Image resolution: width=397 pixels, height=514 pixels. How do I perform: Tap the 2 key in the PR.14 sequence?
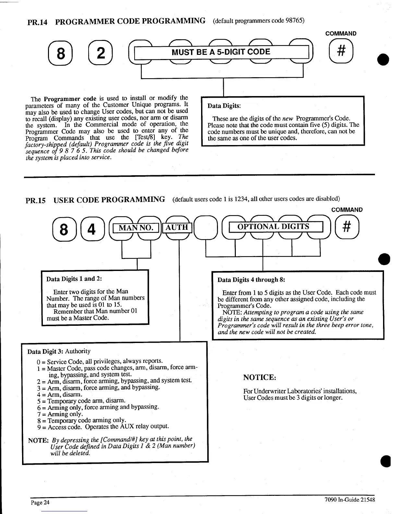[x=101, y=53]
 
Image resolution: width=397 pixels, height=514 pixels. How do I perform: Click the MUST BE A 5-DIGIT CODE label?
[x=221, y=52]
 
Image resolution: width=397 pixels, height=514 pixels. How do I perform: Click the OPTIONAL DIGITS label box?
[x=273, y=226]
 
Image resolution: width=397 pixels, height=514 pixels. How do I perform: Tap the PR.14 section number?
[x=38, y=22]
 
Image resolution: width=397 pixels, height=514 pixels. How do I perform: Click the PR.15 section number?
[x=36, y=200]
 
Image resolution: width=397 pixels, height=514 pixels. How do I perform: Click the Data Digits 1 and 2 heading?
[x=74, y=279]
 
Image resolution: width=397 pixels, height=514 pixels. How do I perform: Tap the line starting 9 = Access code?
[x=103, y=427]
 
